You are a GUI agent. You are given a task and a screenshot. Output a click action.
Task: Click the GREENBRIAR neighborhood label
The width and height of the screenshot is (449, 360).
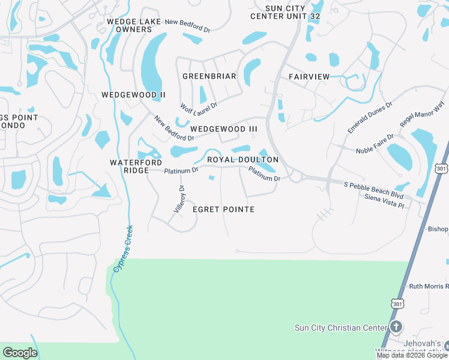(209, 76)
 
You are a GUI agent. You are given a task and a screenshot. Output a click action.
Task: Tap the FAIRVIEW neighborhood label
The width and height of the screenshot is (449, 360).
(309, 77)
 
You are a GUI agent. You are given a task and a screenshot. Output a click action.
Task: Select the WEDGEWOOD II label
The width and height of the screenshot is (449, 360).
(133, 95)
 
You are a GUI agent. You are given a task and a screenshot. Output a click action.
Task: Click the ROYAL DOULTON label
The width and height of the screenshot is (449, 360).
(243, 160)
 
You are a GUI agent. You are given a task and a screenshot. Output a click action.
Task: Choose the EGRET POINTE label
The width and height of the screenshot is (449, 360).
(223, 209)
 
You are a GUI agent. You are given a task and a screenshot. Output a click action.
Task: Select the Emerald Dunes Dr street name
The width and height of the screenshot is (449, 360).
(370, 117)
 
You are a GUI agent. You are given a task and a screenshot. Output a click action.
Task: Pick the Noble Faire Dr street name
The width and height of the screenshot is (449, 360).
(375, 144)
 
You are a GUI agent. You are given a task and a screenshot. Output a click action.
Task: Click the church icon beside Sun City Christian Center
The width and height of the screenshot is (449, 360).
(396, 327)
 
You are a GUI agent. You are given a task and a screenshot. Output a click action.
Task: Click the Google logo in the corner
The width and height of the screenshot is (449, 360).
(20, 353)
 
